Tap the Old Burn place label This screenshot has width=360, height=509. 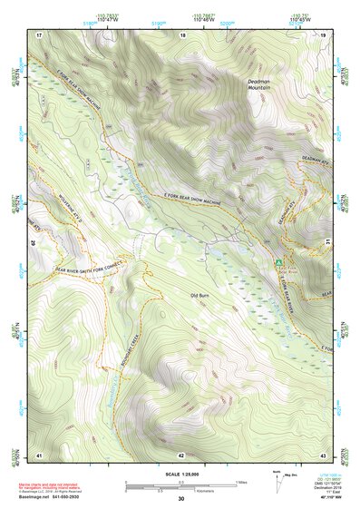[x=201, y=296]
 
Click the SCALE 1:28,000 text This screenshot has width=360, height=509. [x=180, y=473]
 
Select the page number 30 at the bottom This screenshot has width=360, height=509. [x=180, y=499]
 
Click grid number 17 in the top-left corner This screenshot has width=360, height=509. [x=39, y=34]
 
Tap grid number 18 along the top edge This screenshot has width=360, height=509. [x=182, y=34]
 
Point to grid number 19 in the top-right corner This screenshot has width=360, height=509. [x=324, y=34]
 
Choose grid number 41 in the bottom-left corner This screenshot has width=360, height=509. [x=39, y=454]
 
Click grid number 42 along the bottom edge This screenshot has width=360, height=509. [x=181, y=454]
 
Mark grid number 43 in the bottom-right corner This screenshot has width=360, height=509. [x=324, y=454]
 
